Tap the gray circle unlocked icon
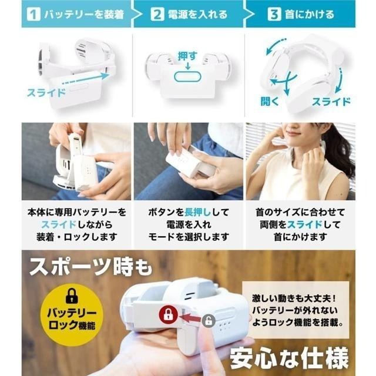coord(208,321)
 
